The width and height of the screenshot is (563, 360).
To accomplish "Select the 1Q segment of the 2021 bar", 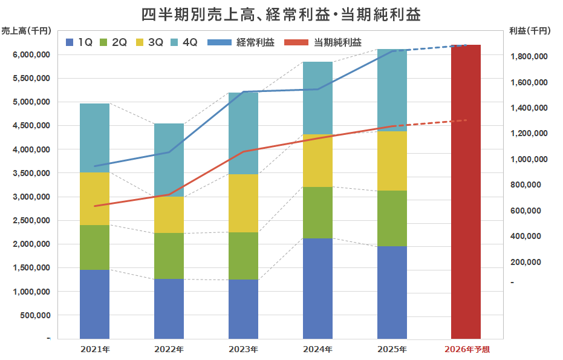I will pos(94,304).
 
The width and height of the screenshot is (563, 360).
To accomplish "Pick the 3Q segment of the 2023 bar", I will pos(243,203).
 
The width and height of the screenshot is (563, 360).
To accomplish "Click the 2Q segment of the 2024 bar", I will pos(317,212).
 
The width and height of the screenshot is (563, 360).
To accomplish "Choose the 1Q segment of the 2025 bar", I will pos(392,292).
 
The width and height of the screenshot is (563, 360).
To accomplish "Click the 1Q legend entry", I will pos(79,42).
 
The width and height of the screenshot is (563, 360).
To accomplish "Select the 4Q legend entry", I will pos(183,42).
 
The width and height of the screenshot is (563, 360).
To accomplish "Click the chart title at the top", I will pos(281,13).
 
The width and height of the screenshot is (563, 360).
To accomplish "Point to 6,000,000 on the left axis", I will pos(31,55).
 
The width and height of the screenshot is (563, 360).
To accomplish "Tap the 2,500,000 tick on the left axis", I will pos(31,221).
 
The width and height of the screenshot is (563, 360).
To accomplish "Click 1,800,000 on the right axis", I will pos(529,57).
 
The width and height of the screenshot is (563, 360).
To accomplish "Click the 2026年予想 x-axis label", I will pos(466,349).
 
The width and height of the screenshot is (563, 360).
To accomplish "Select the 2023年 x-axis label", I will pos(243,349).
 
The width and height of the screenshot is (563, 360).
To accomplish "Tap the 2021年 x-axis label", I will pos(94,349).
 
